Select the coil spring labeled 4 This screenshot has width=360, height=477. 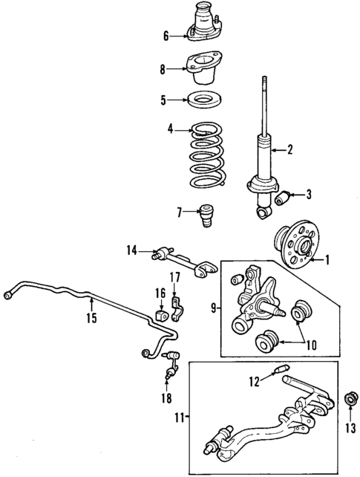(x=206, y=160)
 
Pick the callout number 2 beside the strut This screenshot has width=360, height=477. (x=290, y=150)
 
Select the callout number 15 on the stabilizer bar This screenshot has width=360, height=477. (x=91, y=320)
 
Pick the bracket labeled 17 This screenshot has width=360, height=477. (x=177, y=307)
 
